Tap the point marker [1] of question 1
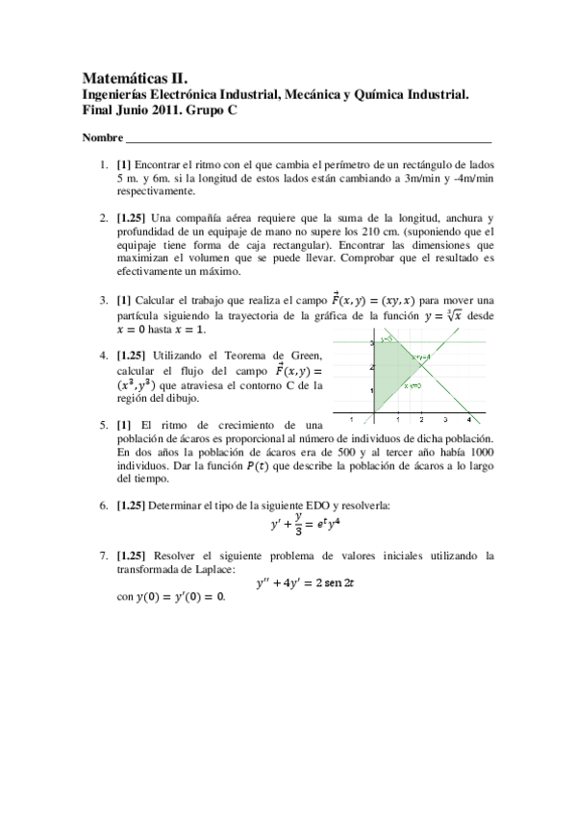pos(124,165)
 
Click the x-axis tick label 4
pos(468,421)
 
